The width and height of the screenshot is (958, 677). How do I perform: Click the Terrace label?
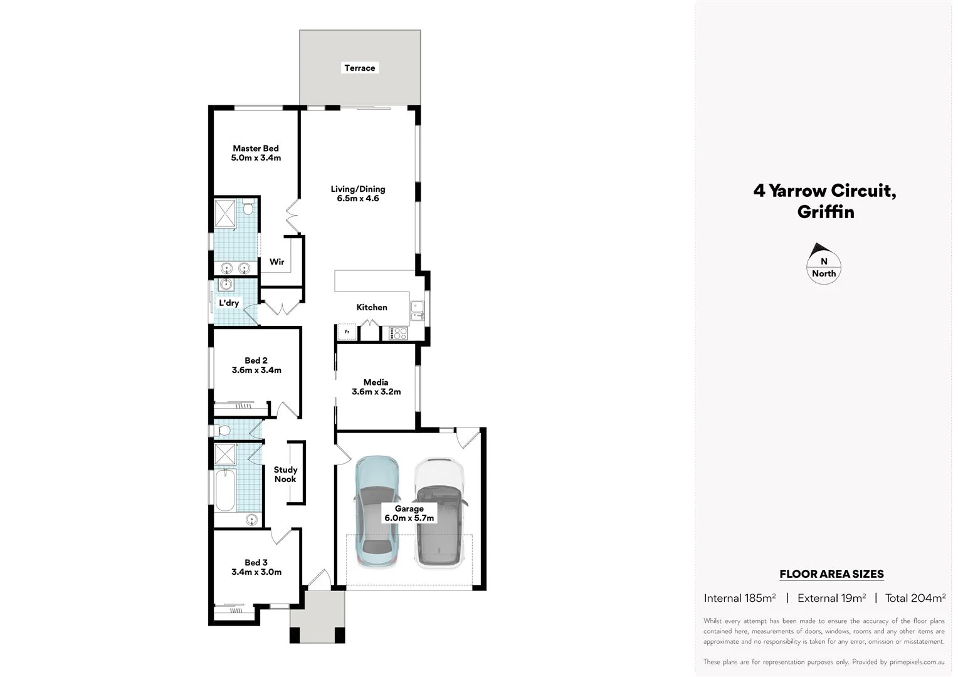coord(359,68)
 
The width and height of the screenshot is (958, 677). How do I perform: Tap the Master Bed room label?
coord(256,153)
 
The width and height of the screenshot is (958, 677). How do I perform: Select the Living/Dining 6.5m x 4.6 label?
coord(358,194)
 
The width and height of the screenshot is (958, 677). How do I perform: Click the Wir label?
coord(276,262)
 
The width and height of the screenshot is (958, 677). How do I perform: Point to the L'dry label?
coord(228,303)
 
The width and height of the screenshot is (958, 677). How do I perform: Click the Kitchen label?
coord(372,307)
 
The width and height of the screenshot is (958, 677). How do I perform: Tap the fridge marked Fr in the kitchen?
coord(347,332)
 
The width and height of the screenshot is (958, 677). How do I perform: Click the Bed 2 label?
coord(256,365)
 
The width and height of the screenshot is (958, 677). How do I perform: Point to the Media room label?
coord(376,387)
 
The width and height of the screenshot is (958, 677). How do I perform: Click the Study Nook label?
coord(285,475)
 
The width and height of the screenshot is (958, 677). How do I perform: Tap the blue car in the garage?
coord(376,511)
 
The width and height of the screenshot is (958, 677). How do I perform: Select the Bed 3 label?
coord(256,567)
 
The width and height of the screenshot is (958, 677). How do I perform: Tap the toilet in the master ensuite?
coord(248,207)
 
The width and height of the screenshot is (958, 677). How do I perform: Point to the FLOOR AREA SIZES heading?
coord(831,574)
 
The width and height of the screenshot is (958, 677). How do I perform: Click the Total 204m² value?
coord(915,598)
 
